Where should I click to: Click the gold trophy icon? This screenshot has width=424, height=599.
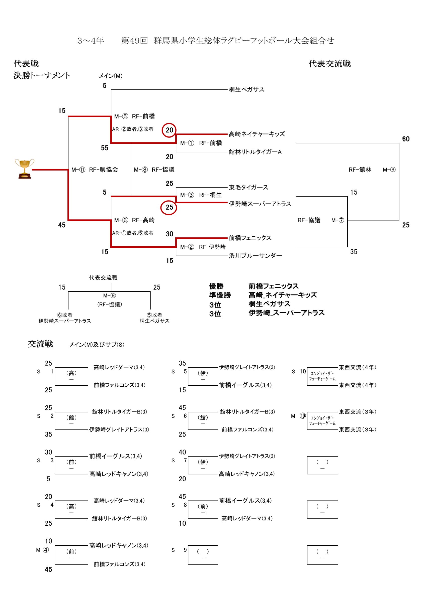[24, 169]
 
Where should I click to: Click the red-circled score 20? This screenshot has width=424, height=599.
[169, 130]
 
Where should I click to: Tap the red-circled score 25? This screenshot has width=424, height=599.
[169, 207]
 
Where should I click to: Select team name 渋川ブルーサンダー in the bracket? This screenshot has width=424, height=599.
[255, 256]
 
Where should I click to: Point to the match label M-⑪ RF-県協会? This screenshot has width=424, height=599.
[95, 170]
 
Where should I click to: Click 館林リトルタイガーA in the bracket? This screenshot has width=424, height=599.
[255, 152]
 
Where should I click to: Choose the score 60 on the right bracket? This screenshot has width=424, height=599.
[405, 139]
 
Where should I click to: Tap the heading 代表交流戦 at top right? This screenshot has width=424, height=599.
[329, 64]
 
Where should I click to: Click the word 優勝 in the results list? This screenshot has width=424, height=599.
[216, 286]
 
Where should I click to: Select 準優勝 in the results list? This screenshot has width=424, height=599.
[220, 295]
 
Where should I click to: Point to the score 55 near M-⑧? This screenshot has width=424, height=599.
[105, 148]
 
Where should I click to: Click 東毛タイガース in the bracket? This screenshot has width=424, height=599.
[248, 187]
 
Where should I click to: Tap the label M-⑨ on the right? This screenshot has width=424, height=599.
[389, 170]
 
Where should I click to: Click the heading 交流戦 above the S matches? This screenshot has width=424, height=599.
[40, 344]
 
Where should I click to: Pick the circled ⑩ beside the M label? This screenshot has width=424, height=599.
[303, 416]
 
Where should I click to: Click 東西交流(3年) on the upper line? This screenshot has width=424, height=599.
[357, 412]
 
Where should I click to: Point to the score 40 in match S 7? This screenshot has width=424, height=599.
[182, 452]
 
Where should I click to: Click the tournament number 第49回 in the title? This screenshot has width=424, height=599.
[134, 41]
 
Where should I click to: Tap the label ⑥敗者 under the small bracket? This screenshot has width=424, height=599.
[64, 315]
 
